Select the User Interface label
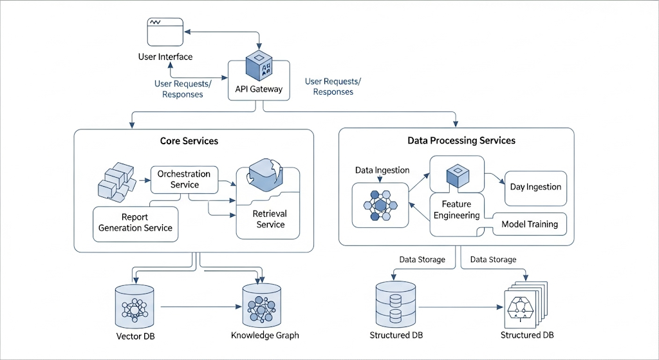pyautogui.click(x=165, y=57)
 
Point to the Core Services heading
pyautogui.click(x=189, y=140)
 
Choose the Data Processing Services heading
pyautogui.click(x=461, y=140)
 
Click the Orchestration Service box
pyautogui.click(x=184, y=179)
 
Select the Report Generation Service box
pyautogui.click(x=136, y=223)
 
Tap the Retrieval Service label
pyautogui.click(x=270, y=219)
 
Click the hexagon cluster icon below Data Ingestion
pyautogui.click(x=380, y=205)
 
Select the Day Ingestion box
pyautogui.click(x=535, y=187)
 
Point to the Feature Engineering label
pyautogui.click(x=456, y=210)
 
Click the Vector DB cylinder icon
pyautogui.click(x=134, y=305)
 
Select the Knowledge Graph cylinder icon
pyautogui.click(x=262, y=305)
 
